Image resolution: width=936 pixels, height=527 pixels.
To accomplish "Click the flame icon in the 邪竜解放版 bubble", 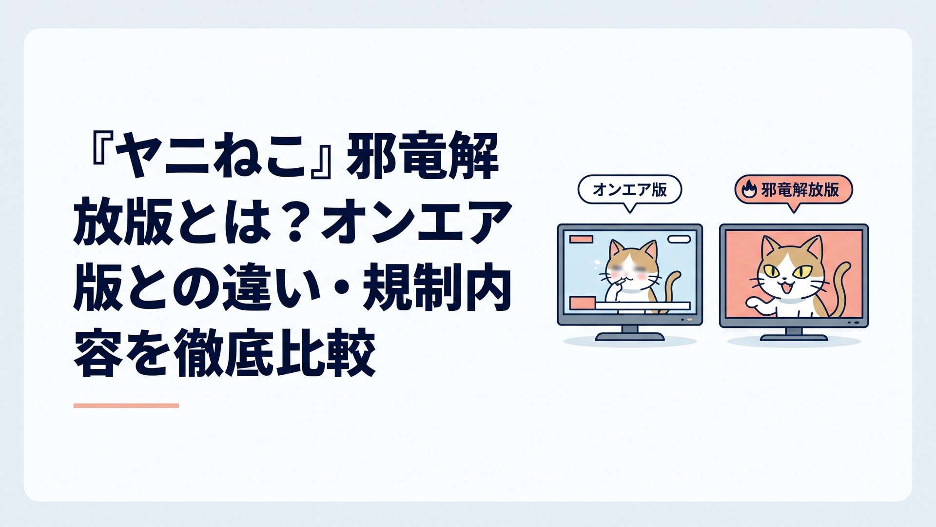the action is pos(748,189).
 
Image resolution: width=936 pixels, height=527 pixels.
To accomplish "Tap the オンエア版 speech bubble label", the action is pos(629,189).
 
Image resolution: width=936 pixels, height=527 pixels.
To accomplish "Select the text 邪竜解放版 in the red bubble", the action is pos(800,189).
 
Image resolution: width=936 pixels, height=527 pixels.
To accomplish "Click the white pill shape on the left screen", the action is pos(679,239).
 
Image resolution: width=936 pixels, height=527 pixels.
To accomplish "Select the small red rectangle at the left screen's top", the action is pos(582,239).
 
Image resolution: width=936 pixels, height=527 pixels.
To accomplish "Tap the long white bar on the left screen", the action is pos(643,306).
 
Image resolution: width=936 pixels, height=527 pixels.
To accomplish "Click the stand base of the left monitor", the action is pos(629,336).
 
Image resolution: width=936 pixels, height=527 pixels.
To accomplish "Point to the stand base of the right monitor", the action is pos(794,337).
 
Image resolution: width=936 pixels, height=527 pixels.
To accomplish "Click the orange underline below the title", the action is pos(126,405).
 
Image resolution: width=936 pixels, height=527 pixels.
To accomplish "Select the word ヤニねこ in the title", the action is pos(214,156).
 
